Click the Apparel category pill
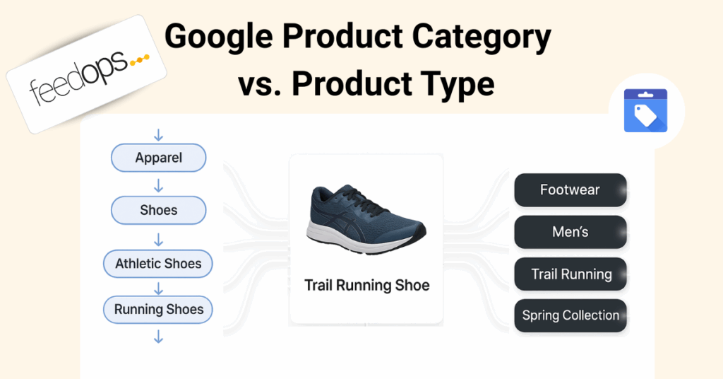coord(159,158)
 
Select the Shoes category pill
coord(159,210)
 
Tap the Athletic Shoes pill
coord(158,264)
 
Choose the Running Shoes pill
coord(158,309)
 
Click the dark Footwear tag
coord(570,189)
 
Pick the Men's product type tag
coord(570,232)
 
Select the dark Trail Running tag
coord(570,274)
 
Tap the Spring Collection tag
coord(570,316)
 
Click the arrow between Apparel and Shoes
coord(159,185)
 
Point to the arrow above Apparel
coord(159,135)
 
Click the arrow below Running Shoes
coord(159,337)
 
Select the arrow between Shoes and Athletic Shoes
coord(159,240)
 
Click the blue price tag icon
coord(645,111)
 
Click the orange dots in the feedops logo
coord(140,60)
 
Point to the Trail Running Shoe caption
coord(366,285)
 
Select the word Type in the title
coord(450,84)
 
